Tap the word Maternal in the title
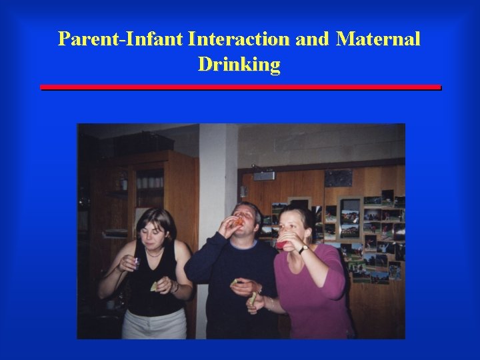[x=378, y=39]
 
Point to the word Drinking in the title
[x=239, y=65]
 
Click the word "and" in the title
[x=312, y=39]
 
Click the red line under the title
[x=240, y=87]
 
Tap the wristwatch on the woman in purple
[x=303, y=249]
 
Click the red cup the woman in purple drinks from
[x=285, y=245]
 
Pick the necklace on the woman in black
[x=155, y=253]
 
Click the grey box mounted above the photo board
[x=264, y=176]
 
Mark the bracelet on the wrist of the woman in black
[x=175, y=287]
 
